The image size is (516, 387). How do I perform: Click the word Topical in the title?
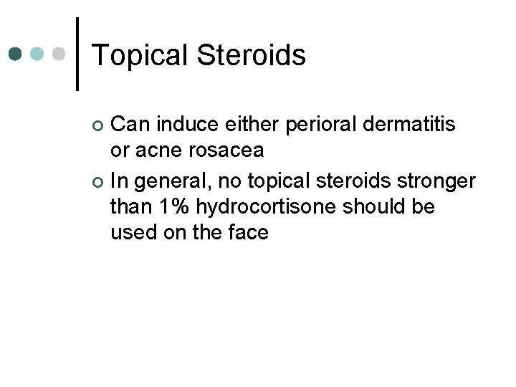pos(140,56)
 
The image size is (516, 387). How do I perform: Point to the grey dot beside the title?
pos(60,54)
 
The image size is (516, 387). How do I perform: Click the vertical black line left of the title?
pos(77,54)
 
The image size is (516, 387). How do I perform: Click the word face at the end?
pos(246,232)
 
